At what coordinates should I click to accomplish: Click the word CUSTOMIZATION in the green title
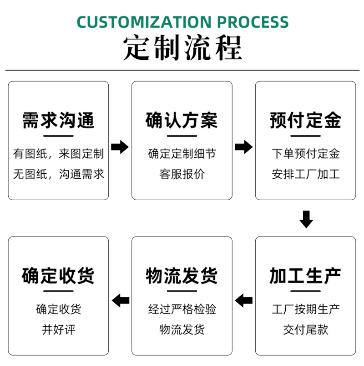coord(144,22)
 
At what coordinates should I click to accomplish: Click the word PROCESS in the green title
coord(253,22)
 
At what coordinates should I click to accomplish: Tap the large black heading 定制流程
coord(182,47)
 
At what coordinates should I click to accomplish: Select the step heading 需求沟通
coord(58,120)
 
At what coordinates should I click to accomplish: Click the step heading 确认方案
coord(182,120)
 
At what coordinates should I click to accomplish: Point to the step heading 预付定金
coord(305,120)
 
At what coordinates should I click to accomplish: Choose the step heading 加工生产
coord(305,276)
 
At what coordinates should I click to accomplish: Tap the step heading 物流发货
coord(182,276)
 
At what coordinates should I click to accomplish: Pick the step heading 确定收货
coord(58,276)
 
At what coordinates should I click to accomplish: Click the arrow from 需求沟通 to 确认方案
coord(120,147)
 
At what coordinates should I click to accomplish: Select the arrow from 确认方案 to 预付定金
coord(244,147)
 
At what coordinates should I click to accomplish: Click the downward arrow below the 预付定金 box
coord(306,219)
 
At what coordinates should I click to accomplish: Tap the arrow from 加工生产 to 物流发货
coord(244,300)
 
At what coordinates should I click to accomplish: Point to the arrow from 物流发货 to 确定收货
coord(121,300)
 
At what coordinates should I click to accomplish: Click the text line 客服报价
coord(182,174)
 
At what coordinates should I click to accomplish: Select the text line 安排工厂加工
coord(305,174)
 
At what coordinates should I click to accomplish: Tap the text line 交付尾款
coord(305,330)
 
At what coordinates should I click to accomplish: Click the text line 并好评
coord(59,330)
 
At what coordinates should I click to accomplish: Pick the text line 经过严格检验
coord(182,309)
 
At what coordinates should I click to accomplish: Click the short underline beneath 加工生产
coord(305,291)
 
